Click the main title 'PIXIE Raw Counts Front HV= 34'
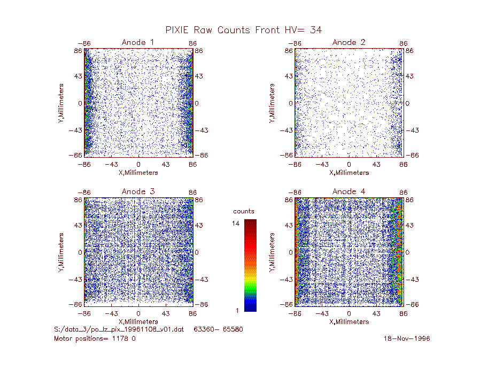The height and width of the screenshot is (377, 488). coord(243,30)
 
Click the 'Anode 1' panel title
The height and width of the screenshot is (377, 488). coord(138,42)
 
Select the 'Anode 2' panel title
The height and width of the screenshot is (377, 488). coord(348,42)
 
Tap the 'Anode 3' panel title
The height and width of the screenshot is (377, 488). coord(138,191)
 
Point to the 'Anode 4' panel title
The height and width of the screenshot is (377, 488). coord(348,191)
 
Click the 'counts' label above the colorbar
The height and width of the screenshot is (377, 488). coord(244,211)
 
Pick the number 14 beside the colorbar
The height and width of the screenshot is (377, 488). coord(236,223)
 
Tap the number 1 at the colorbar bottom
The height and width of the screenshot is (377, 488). coord(237,310)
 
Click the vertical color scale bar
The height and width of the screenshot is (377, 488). coord(250,266)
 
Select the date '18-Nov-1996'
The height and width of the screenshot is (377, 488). coord(407,338)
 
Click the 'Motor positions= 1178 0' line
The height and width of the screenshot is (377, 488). coord(95,338)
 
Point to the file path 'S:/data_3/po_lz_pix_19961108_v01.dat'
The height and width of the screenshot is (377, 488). coord(119,329)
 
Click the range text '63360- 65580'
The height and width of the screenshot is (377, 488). coord(218,329)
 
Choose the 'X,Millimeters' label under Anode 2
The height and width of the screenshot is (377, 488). coord(349,173)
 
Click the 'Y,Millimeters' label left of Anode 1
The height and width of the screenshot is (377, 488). coord(61,103)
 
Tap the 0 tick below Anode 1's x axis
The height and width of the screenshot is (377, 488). coord(138,164)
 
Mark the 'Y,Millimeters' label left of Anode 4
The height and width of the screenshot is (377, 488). coord(272,252)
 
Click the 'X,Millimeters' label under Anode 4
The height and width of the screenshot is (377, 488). coord(349,322)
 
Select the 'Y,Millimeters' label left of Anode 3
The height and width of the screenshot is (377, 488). coord(61,252)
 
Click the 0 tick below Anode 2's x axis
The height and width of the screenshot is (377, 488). coord(349,164)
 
